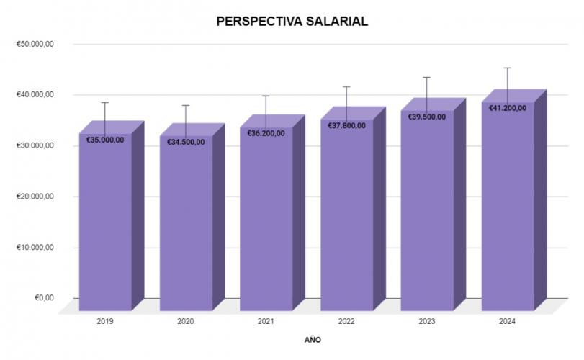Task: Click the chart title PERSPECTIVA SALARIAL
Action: (292, 22)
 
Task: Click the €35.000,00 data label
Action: (105, 140)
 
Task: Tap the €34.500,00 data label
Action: (186, 142)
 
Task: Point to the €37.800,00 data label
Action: (347, 125)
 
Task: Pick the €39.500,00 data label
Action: (427, 117)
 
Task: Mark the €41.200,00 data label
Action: (508, 108)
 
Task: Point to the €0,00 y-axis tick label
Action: (45, 298)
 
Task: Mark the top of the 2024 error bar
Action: (508, 68)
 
